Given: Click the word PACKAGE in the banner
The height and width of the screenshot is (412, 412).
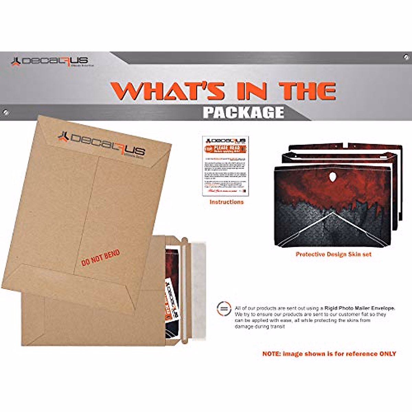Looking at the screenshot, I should [243, 112].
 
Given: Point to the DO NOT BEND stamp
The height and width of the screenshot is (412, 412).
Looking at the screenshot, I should [101, 257].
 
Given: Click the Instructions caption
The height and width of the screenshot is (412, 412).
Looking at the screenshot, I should [226, 202].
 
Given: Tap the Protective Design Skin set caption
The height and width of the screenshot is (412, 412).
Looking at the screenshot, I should [333, 254].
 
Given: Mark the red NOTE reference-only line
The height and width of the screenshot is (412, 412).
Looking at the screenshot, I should [329, 354].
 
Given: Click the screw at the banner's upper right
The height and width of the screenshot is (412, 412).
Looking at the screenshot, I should [406, 56].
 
